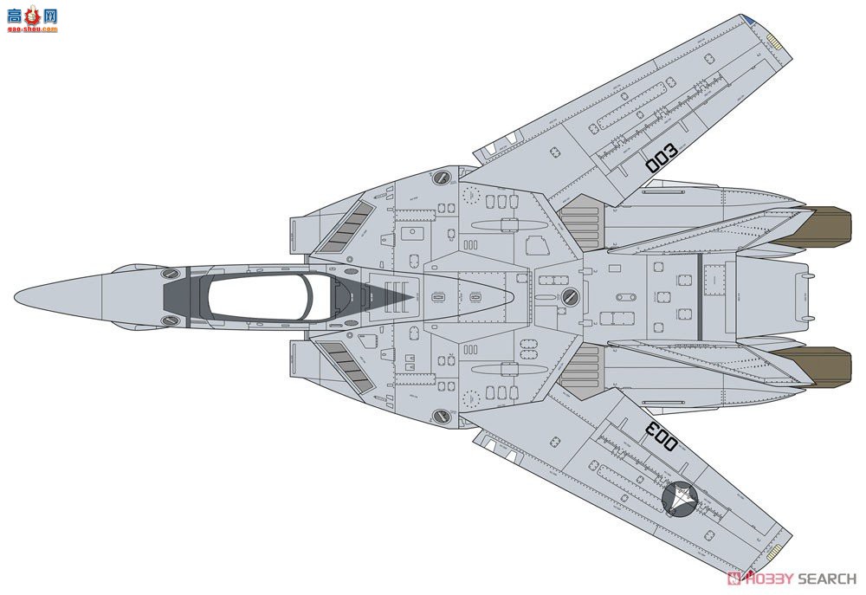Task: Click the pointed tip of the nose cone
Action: [x=16, y=297]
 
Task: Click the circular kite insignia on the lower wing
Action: [x=682, y=500]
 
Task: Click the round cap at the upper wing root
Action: [x=442, y=178]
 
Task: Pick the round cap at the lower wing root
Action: [x=442, y=416]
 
